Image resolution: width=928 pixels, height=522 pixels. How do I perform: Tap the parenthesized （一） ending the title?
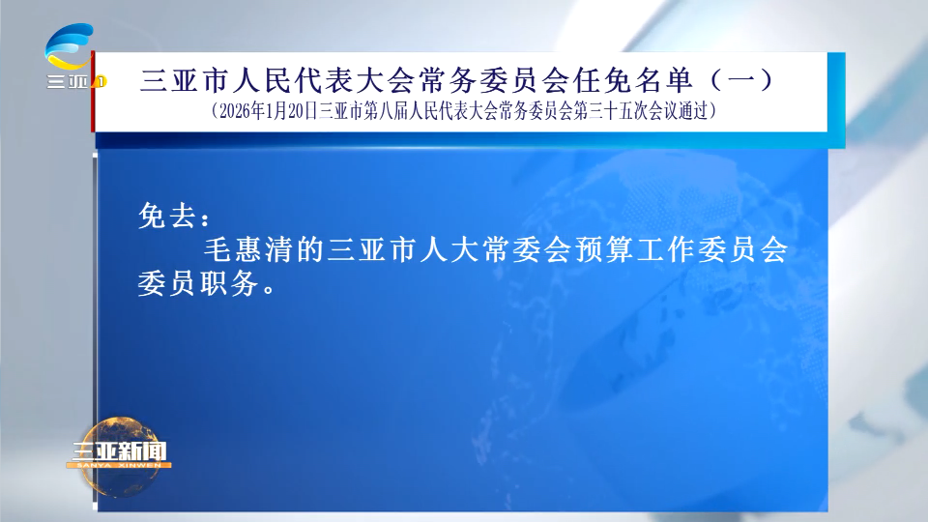tap(741, 80)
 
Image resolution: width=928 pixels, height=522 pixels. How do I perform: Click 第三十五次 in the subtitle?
tap(611, 111)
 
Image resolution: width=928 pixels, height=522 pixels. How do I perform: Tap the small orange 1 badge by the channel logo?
tap(101, 81)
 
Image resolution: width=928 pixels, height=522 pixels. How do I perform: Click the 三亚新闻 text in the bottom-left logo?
tap(119, 451)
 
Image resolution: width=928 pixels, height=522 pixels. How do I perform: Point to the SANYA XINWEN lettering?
tap(119, 465)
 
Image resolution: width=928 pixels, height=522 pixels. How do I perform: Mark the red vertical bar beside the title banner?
tap(93, 92)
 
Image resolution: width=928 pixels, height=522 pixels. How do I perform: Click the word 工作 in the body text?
tap(666, 249)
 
